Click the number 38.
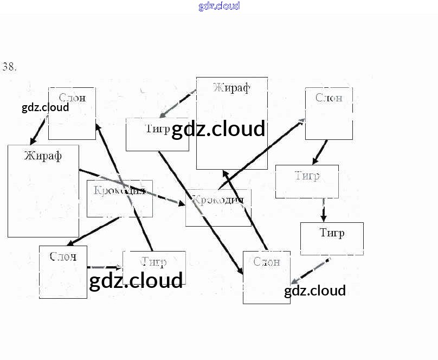click(10, 67)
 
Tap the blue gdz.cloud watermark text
click(219, 7)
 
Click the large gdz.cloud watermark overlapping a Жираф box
click(218, 130)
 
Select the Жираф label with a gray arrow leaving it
click(231, 88)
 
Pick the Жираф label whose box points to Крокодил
click(43, 156)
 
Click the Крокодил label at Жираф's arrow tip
click(218, 200)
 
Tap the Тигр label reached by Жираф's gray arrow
click(158, 128)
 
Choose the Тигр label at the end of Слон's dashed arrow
click(153, 262)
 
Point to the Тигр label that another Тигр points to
click(332, 233)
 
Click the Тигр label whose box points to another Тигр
click(307, 176)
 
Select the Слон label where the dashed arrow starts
click(62, 256)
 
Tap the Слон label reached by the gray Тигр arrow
click(267, 262)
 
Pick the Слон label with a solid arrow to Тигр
click(328, 98)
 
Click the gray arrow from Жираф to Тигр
click(178, 104)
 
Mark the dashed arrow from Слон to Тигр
click(104, 267)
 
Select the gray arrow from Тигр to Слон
click(310, 271)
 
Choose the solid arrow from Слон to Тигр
click(320, 152)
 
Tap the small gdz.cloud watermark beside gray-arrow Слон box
click(314, 291)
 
